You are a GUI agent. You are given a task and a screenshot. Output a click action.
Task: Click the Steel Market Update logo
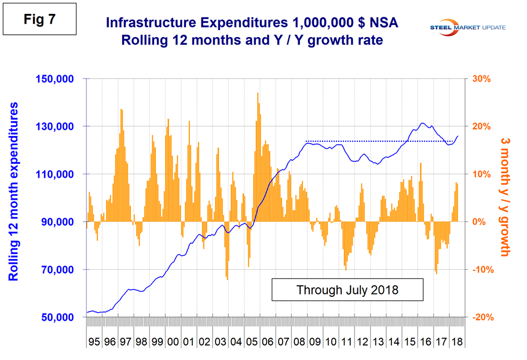pos(471,27)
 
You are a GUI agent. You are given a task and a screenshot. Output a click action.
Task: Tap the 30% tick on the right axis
pos(482,79)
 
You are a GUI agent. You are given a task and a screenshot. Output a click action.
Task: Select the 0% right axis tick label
pos(478,222)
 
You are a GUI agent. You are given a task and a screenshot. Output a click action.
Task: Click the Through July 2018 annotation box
pos(347,289)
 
